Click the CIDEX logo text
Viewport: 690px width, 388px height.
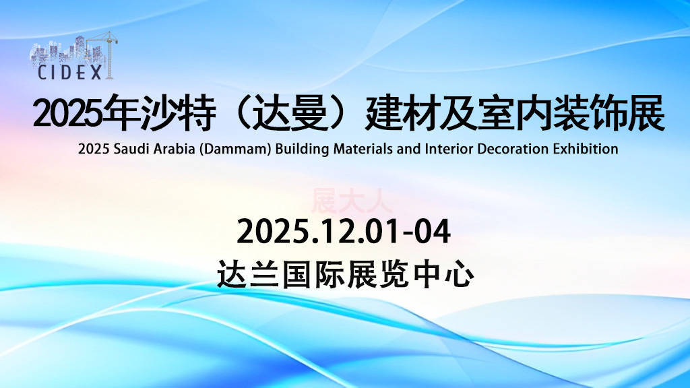click(69, 72)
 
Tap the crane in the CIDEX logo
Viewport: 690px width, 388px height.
click(106, 55)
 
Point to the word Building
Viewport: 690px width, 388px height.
click(302, 149)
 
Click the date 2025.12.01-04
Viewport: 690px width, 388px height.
click(344, 232)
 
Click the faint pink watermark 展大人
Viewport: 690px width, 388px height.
click(351, 201)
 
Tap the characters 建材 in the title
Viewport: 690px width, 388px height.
click(402, 113)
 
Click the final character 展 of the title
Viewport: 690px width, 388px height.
click(646, 113)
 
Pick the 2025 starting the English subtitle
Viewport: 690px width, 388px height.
click(94, 149)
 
